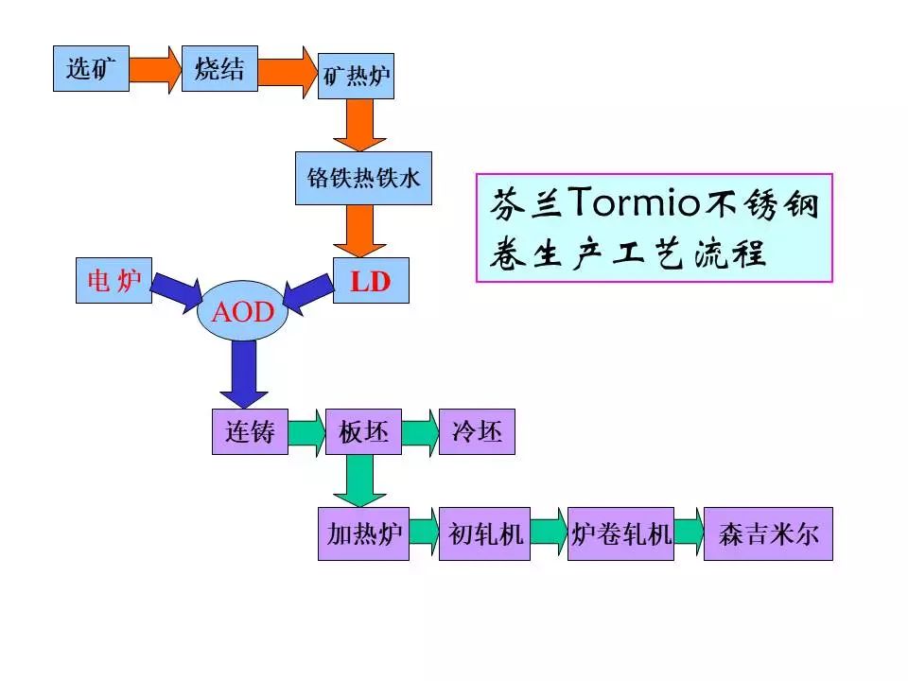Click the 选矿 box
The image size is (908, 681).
coord(91,68)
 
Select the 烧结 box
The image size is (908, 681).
coord(219,68)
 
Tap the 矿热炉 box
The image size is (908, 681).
coord(356,76)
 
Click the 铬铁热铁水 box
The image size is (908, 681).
coord(363,178)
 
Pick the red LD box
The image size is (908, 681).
coord(371,281)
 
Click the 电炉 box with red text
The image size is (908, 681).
coord(113,281)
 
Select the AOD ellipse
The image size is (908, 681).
coord(242,312)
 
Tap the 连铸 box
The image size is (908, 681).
coord(250,432)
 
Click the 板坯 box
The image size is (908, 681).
coord(363,432)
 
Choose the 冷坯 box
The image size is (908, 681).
coord(477,432)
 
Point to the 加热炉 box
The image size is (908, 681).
coord(363,534)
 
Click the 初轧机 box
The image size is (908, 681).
coord(484,534)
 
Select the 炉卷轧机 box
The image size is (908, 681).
coord(620,534)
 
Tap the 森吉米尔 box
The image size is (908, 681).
coord(768,534)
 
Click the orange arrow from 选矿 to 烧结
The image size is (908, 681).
coord(154,68)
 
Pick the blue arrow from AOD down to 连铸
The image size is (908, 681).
coord(243,372)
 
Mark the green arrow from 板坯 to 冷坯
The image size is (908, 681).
coord(420,432)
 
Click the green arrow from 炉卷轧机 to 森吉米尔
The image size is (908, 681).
coord(689,534)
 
